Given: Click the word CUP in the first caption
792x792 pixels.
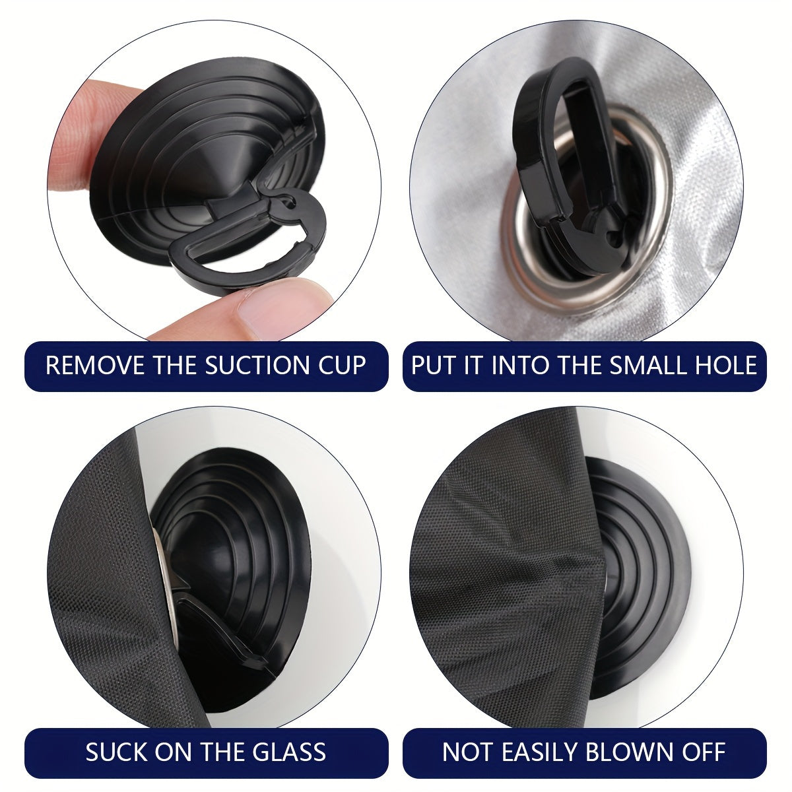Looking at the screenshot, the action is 342,366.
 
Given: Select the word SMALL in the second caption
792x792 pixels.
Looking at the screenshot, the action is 647,366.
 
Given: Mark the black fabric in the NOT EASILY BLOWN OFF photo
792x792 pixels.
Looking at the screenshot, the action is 506,576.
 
